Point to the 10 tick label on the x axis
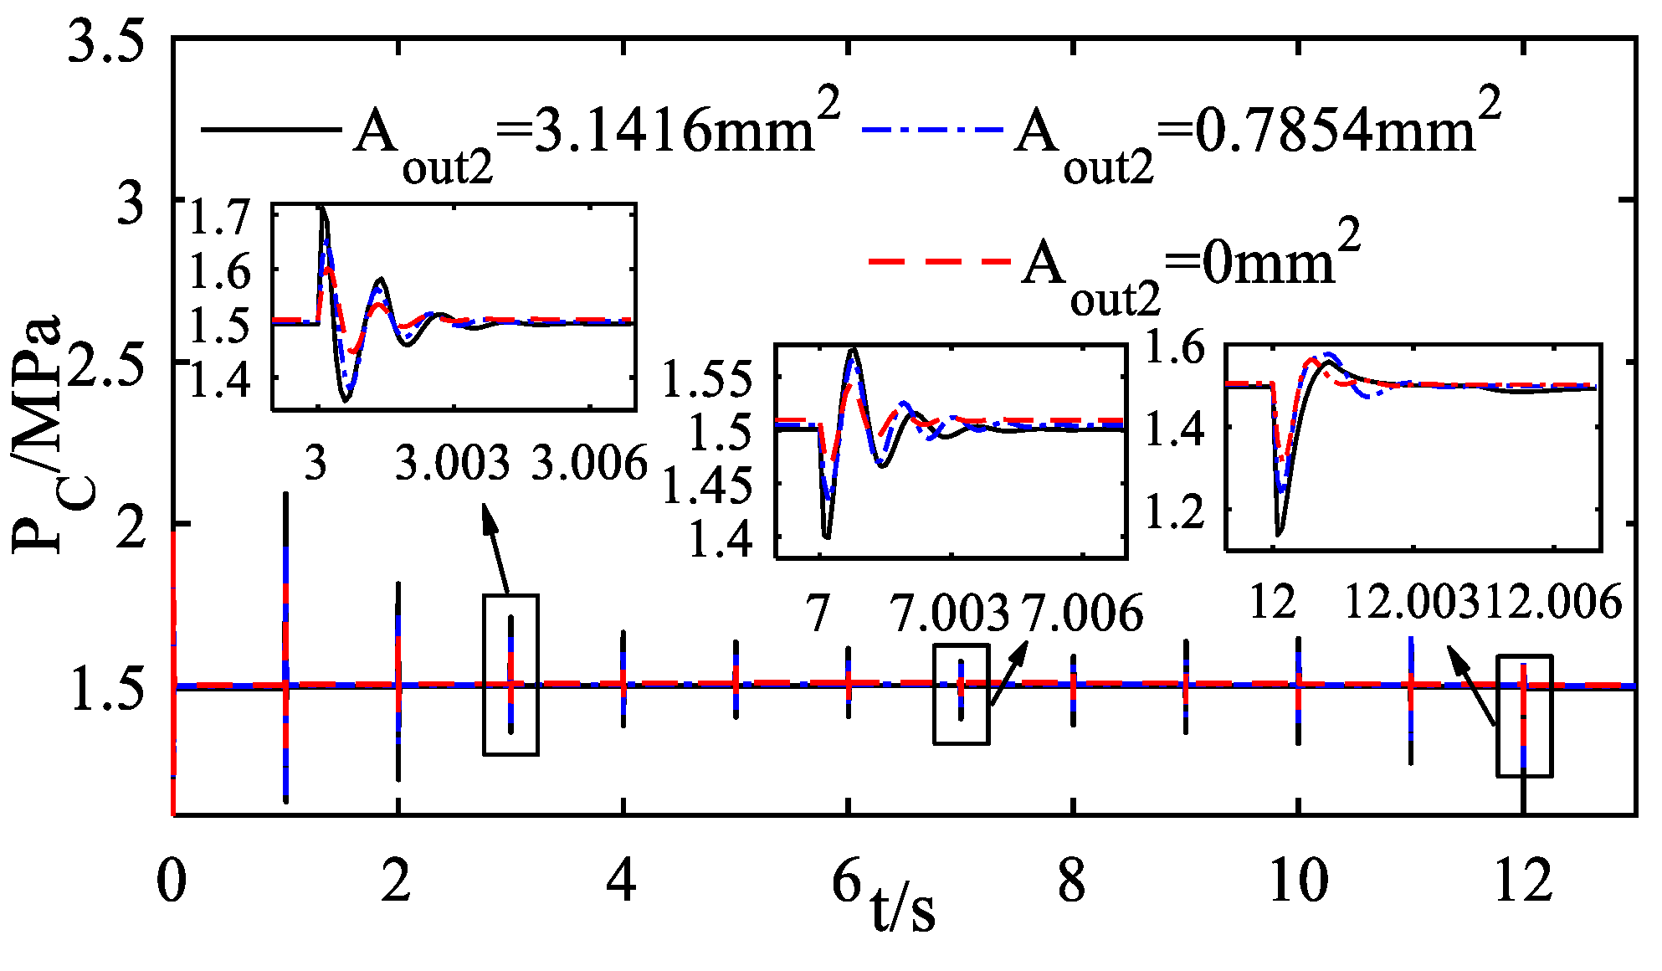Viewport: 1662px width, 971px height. coord(1298,881)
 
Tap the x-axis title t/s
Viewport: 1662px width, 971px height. coord(903,908)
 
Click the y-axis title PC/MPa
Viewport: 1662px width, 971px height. coord(40,435)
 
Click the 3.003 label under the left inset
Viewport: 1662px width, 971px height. coord(452,463)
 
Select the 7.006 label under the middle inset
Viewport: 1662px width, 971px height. coord(1082,613)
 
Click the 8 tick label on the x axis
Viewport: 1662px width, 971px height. coord(1072,881)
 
